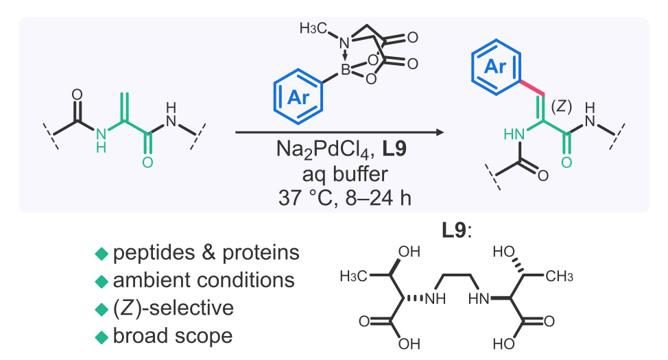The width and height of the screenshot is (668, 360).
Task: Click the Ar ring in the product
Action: point(495,67)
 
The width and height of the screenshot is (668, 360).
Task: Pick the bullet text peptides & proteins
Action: point(206,253)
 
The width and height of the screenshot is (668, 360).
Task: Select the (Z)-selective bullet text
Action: point(174,309)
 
